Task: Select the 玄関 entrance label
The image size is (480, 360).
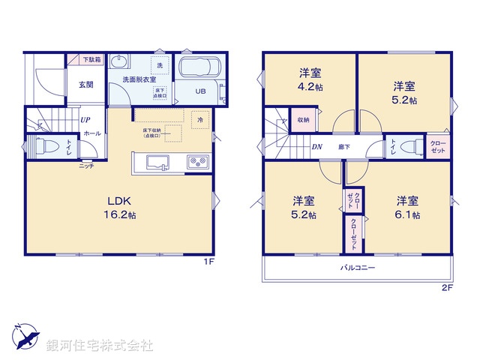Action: tap(85, 85)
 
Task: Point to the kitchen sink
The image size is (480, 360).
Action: tap(158, 162)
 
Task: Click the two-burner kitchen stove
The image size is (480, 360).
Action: tap(199, 162)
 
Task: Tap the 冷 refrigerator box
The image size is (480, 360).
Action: tap(200, 118)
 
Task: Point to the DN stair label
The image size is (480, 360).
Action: tap(318, 146)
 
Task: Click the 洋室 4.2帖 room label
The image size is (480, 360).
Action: tap(310, 79)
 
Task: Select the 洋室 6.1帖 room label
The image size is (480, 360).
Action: tap(407, 207)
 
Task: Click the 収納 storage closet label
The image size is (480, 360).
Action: tap(303, 119)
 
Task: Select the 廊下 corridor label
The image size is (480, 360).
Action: tap(344, 146)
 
